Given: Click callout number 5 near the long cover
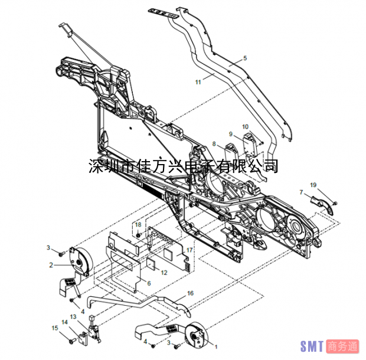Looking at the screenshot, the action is click(x=245, y=58).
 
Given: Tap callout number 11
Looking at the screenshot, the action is click(x=198, y=82).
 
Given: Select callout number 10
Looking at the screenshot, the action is click(x=245, y=126).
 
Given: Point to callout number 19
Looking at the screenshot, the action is click(x=313, y=185).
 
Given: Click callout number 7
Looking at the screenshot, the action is click(x=301, y=192).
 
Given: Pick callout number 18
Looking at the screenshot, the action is click(x=138, y=224).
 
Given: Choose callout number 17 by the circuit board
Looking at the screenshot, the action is click(x=189, y=250).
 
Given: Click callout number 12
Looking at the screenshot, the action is click(x=164, y=273).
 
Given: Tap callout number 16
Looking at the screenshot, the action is click(x=190, y=293).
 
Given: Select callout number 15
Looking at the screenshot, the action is click(x=55, y=328).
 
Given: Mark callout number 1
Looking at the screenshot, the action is click(x=216, y=347).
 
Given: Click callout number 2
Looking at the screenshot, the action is click(x=51, y=265).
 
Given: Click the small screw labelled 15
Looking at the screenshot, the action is click(x=71, y=341).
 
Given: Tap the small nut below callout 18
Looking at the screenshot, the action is click(x=138, y=235).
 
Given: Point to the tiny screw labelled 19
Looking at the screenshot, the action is click(x=335, y=204).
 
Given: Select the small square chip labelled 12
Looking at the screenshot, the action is click(x=151, y=264).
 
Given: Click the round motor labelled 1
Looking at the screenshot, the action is click(x=195, y=334).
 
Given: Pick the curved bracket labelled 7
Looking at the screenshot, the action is click(x=322, y=205).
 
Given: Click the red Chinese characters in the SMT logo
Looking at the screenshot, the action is click(x=342, y=346).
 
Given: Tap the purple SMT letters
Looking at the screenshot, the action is click(x=312, y=346).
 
